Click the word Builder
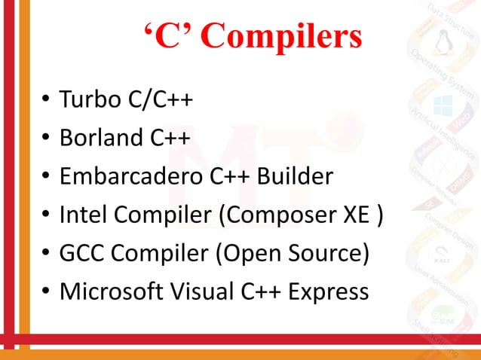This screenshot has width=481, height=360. (293, 176)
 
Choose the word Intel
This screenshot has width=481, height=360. (81, 215)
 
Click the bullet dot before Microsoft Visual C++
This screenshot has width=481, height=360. (46, 293)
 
